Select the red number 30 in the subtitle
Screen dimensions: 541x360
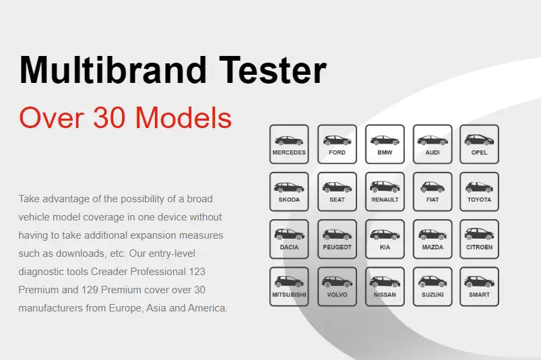pyautogui.click(x=109, y=118)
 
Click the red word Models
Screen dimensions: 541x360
pyautogui.click(x=183, y=117)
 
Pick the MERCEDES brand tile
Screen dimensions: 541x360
pyautogui.click(x=289, y=144)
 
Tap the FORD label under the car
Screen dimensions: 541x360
pyautogui.click(x=337, y=152)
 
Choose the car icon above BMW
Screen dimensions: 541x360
pyautogui.click(x=385, y=140)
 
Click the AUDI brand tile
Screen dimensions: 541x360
pyautogui.click(x=433, y=144)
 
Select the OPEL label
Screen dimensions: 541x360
pyautogui.click(x=479, y=152)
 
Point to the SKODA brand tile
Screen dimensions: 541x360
pyautogui.click(x=289, y=191)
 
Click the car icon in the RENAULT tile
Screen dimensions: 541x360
pyautogui.click(x=385, y=187)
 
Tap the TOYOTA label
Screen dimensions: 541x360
pyautogui.click(x=479, y=200)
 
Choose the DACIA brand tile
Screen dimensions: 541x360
pyautogui.click(x=289, y=239)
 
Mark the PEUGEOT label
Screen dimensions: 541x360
pyautogui.click(x=337, y=247)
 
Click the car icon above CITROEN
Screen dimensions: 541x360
pyautogui.click(x=479, y=234)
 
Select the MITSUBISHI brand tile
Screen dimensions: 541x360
pyautogui.click(x=289, y=287)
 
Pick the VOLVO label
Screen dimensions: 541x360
pyautogui.click(x=337, y=295)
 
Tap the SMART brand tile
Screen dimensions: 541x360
pyautogui.click(x=479, y=287)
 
